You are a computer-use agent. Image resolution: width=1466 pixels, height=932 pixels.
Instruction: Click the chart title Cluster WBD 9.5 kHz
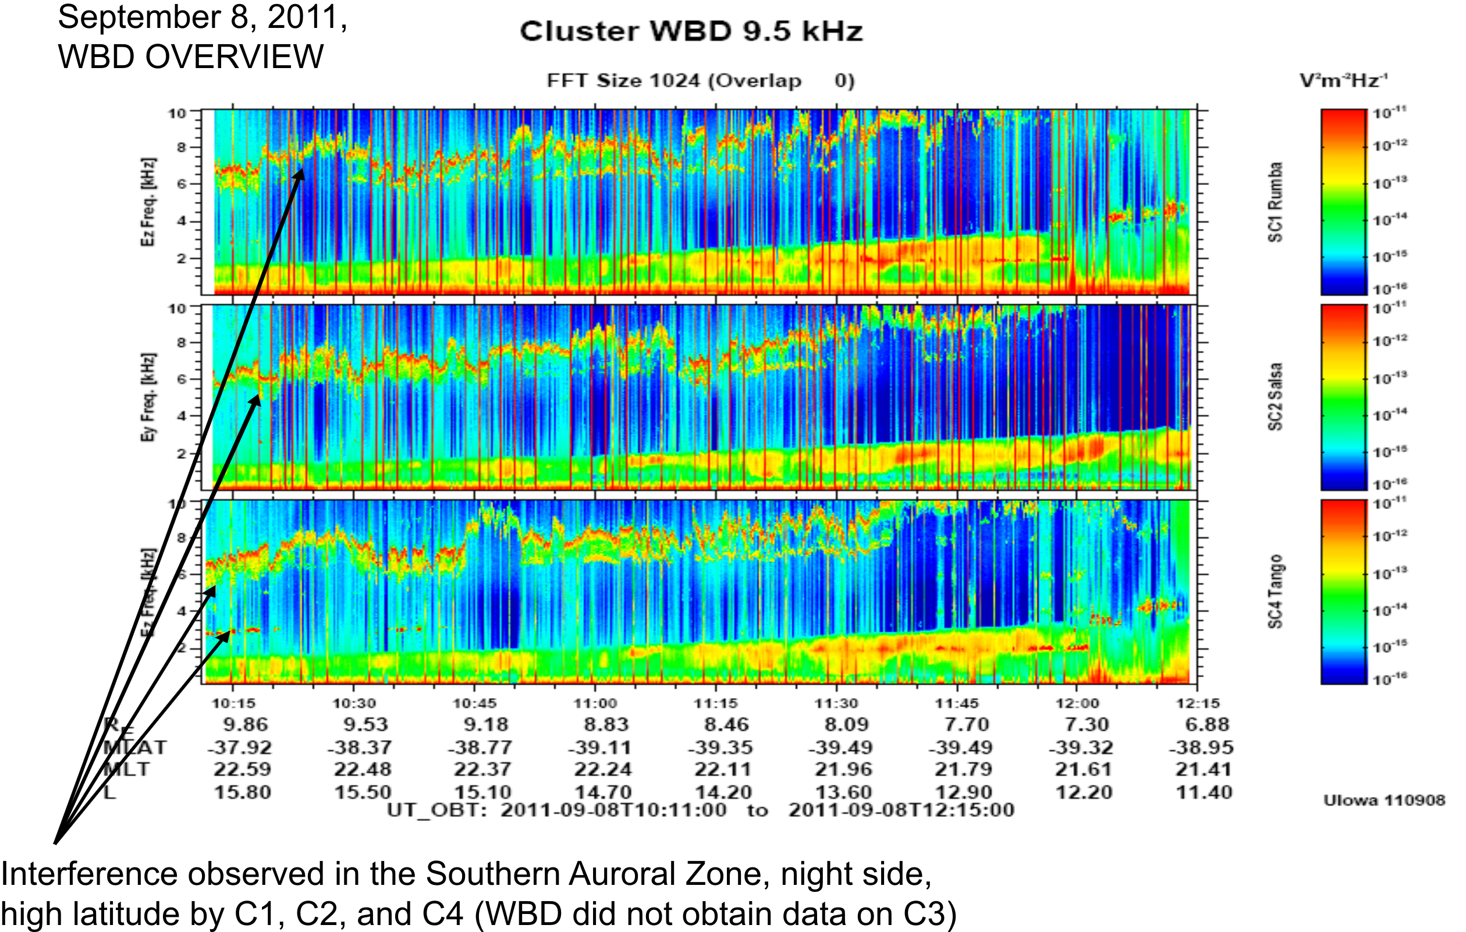point(691,31)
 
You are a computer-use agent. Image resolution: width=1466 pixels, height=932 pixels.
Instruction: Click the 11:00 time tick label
point(595,704)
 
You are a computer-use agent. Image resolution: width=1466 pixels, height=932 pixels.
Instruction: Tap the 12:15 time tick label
point(1198,704)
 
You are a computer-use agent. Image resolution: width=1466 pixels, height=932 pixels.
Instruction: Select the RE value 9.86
point(246,724)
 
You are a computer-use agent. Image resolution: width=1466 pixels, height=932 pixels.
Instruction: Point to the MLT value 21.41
point(1204,770)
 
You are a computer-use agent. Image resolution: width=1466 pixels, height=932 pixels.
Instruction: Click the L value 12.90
point(963,792)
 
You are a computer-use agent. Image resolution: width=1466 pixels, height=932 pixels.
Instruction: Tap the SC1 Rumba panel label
point(1275,202)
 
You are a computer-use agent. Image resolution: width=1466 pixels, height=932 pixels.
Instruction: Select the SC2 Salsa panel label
point(1275,397)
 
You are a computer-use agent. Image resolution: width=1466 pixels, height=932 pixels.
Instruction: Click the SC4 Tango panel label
point(1275,592)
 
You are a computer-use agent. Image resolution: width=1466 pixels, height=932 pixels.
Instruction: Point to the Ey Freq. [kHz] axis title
point(148,397)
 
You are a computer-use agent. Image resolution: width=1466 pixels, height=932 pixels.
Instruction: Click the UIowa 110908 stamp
point(1384,800)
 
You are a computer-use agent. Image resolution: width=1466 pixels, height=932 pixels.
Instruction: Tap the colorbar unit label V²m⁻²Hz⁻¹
point(1344,80)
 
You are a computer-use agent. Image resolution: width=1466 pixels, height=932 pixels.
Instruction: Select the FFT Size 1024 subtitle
point(700,81)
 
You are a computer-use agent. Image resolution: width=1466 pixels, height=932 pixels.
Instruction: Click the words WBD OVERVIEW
point(190,56)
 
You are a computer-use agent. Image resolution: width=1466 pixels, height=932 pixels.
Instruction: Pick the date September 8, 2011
point(202,17)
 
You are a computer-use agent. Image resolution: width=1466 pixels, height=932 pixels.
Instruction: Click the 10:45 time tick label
point(474,704)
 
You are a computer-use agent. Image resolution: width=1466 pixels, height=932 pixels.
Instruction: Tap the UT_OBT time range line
point(700,810)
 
